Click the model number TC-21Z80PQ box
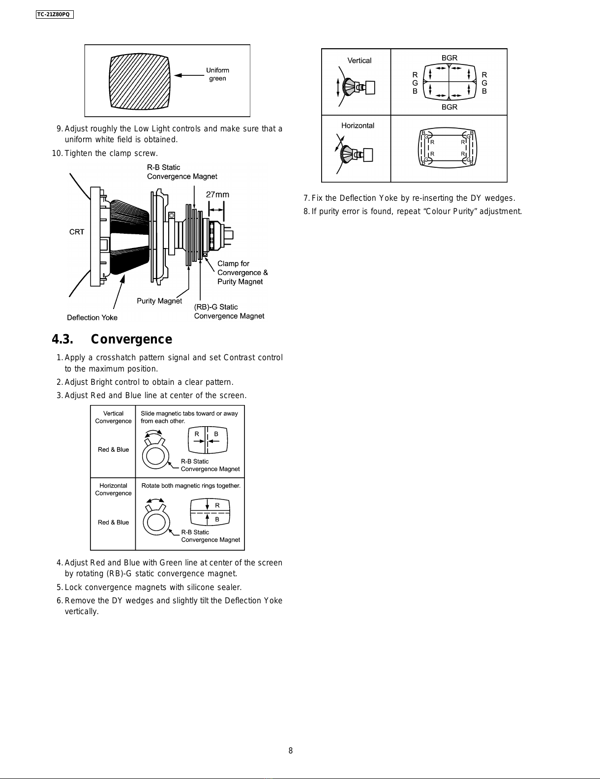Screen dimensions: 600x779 (x=55, y=14)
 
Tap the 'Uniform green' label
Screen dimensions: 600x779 (x=217, y=74)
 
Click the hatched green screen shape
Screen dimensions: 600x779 (x=140, y=81)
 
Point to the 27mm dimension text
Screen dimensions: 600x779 (x=217, y=195)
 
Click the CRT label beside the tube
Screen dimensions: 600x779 (x=77, y=232)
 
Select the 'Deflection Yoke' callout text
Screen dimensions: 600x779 (x=92, y=317)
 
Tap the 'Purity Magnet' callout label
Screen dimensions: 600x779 (x=159, y=301)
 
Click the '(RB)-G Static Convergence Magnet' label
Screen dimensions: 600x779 (x=229, y=312)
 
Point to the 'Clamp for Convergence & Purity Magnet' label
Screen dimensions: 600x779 (x=242, y=273)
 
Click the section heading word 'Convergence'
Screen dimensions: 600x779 (x=131, y=339)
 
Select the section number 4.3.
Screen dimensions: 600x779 (x=62, y=339)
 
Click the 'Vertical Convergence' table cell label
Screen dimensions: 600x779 (x=113, y=417)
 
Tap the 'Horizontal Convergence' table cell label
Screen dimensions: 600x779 (x=113, y=489)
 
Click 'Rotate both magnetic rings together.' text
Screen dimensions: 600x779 (x=191, y=486)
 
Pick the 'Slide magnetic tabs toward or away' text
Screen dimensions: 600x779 (x=189, y=413)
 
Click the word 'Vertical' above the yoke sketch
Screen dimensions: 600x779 (x=360, y=61)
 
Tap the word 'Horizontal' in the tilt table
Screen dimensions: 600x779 (x=358, y=125)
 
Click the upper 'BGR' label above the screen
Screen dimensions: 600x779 (x=449, y=58)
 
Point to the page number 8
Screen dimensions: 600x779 (x=291, y=750)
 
